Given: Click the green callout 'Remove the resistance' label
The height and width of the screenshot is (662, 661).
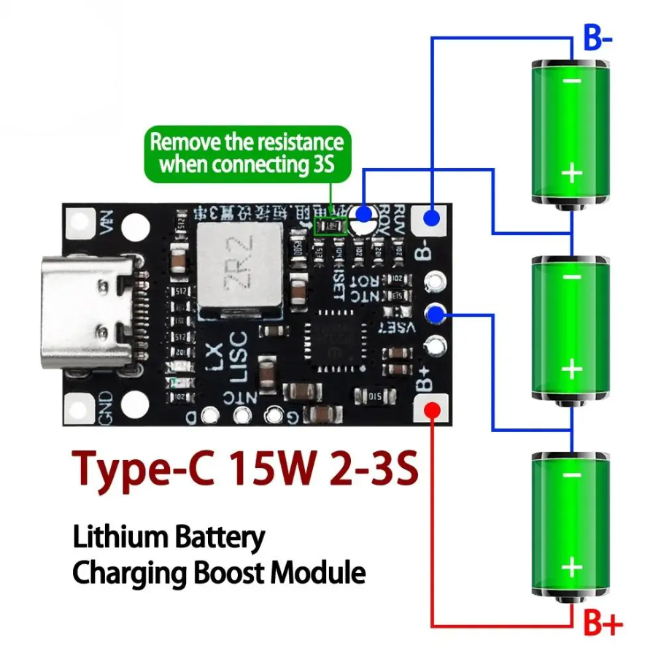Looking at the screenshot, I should (247, 153).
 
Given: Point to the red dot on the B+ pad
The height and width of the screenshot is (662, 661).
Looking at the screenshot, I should (432, 408).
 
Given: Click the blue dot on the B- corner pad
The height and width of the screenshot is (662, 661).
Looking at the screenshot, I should (432, 218).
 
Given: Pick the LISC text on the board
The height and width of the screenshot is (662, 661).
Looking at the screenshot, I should (239, 357).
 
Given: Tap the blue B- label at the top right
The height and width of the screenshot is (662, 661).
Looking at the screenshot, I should (598, 39).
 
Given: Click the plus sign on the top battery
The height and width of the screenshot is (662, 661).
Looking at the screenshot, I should (572, 173).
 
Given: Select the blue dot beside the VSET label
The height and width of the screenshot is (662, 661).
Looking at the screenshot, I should (436, 315).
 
